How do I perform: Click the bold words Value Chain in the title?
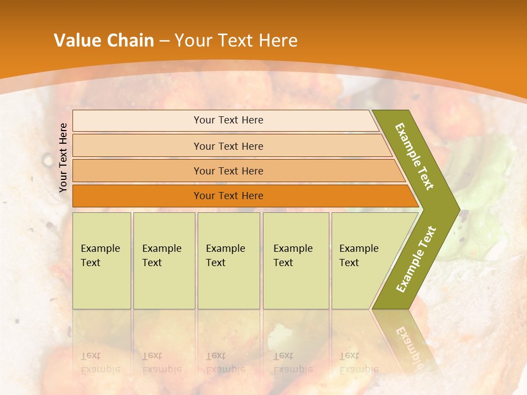click(x=104, y=41)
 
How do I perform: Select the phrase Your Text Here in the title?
click(x=236, y=41)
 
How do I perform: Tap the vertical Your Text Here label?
click(x=63, y=157)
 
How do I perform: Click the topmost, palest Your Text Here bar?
click(x=228, y=120)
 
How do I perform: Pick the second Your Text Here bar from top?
click(x=228, y=146)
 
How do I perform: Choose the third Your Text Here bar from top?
click(x=228, y=171)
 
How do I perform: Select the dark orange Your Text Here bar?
click(x=228, y=196)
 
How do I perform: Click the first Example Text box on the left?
click(x=102, y=260)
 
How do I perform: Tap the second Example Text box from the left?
click(x=164, y=260)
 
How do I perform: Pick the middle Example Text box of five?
click(x=228, y=260)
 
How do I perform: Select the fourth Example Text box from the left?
click(x=295, y=260)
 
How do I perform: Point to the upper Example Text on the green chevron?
click(x=415, y=156)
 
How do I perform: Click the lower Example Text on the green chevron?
click(x=416, y=259)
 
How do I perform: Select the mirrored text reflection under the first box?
click(x=100, y=362)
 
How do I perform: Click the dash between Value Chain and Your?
click(x=164, y=41)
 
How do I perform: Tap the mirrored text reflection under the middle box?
click(x=225, y=362)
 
